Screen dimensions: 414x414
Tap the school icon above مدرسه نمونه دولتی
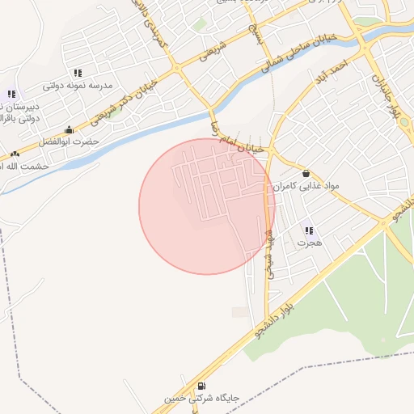(78, 73)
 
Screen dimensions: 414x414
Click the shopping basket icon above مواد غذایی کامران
(306, 173)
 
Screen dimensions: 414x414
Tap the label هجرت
(309, 242)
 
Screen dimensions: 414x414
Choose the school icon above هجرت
(307, 230)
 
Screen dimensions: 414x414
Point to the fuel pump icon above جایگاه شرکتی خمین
(201, 387)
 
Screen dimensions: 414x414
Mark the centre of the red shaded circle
(207, 206)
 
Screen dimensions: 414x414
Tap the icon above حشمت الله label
(15, 154)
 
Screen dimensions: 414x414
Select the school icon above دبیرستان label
(11, 94)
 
